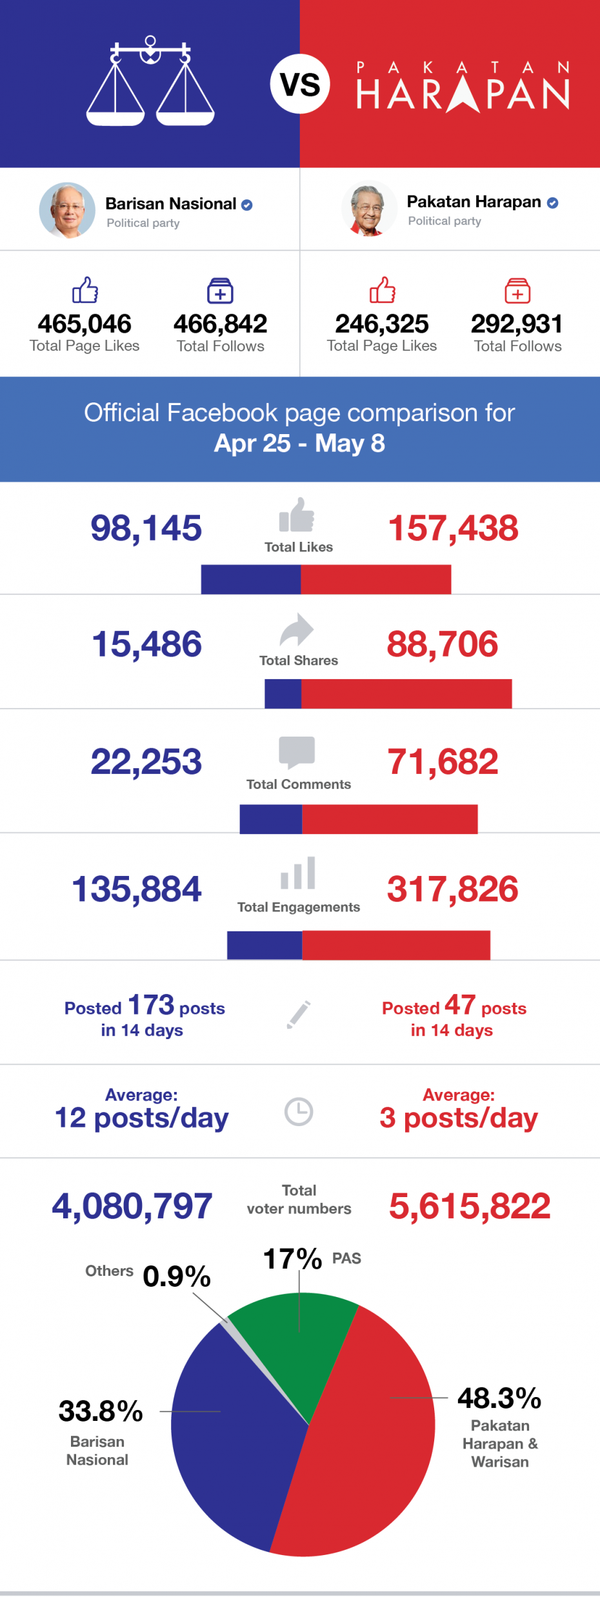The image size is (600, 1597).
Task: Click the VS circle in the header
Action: (x=300, y=84)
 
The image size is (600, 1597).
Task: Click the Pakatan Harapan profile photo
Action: (x=369, y=209)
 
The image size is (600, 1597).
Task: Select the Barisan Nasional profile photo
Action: (x=67, y=210)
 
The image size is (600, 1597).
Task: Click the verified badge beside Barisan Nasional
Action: (x=247, y=205)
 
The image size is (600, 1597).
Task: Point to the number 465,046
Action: (x=85, y=324)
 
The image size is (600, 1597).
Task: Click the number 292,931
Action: (x=517, y=324)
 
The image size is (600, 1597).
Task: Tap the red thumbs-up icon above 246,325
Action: (x=383, y=290)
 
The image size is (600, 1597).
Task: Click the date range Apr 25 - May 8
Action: (x=299, y=443)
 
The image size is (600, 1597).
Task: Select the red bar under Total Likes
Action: (x=375, y=579)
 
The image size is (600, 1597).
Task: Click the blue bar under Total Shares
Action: (x=283, y=693)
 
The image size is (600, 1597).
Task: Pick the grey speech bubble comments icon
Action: (x=297, y=752)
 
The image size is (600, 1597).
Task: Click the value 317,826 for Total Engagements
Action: (x=452, y=889)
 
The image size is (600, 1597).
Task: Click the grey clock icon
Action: (x=299, y=1112)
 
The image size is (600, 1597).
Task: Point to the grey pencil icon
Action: (x=299, y=1015)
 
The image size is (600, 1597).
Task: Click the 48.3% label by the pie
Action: (x=499, y=1398)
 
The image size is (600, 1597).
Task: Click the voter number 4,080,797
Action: (x=132, y=1205)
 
